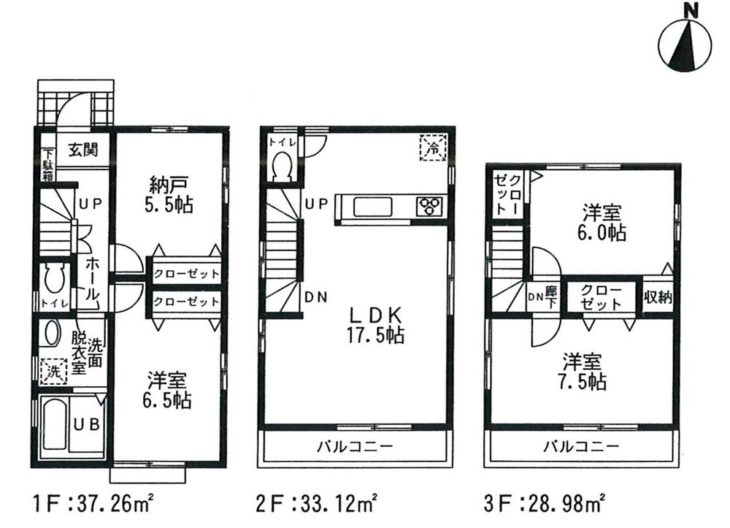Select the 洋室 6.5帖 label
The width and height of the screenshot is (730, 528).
click(x=169, y=389)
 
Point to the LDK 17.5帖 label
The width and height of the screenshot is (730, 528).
click(x=376, y=325)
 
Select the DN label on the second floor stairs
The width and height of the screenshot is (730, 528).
click(x=315, y=296)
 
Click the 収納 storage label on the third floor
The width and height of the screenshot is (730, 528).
click(x=658, y=296)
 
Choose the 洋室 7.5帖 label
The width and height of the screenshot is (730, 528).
click(x=582, y=371)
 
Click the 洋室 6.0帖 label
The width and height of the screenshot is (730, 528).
click(x=603, y=223)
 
